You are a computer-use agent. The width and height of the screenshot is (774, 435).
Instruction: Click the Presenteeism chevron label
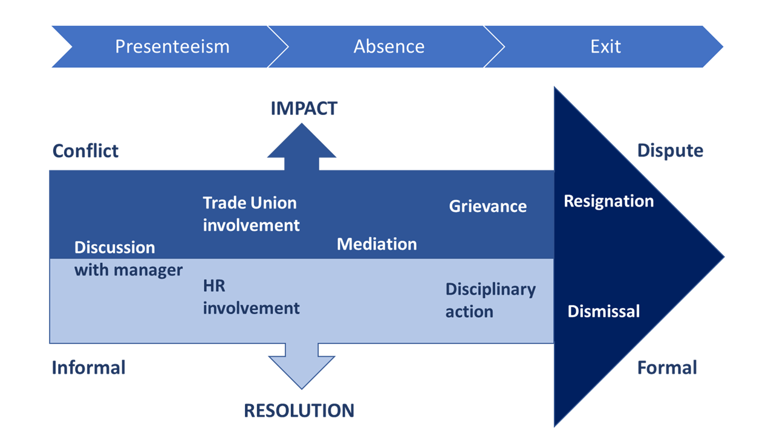click(x=172, y=47)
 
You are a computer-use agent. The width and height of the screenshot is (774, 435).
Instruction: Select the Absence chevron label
click(x=389, y=47)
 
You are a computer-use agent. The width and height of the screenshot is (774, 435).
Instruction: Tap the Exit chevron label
click(x=605, y=47)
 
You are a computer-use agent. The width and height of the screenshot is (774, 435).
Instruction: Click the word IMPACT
click(x=304, y=109)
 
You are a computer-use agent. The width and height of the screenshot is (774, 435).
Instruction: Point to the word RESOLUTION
click(x=299, y=411)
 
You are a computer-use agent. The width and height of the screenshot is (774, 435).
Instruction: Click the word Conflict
click(x=85, y=150)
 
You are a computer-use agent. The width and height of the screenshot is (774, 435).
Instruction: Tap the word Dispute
click(x=670, y=150)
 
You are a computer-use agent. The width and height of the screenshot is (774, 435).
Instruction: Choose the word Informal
click(x=88, y=367)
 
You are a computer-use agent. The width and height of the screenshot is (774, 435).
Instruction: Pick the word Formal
click(x=667, y=367)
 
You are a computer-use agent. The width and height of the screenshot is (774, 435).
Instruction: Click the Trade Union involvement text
click(x=251, y=214)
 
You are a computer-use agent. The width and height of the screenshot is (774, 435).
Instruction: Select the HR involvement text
click(x=251, y=297)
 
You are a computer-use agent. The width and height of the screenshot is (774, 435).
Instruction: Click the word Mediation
click(x=377, y=244)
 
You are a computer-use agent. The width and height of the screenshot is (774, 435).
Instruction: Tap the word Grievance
click(x=487, y=206)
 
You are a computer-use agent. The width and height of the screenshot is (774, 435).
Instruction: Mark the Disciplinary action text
click(x=490, y=300)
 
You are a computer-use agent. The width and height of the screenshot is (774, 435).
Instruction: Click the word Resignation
click(x=608, y=201)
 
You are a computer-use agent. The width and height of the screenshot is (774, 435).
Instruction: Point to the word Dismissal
click(x=603, y=311)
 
